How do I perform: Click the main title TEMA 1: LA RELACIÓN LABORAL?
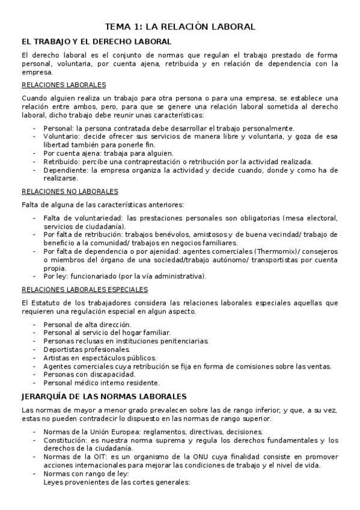(x=180, y=26)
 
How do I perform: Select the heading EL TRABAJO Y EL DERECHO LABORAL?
(x=96, y=41)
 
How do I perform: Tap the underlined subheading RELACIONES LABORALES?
(x=64, y=85)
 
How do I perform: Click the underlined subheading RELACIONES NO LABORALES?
(x=70, y=191)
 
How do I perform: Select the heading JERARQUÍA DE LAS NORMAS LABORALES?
(x=104, y=396)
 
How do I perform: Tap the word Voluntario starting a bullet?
(x=61, y=137)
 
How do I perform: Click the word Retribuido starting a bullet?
(x=62, y=162)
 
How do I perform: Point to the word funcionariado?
(x=100, y=276)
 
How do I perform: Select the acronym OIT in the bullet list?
(x=90, y=457)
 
